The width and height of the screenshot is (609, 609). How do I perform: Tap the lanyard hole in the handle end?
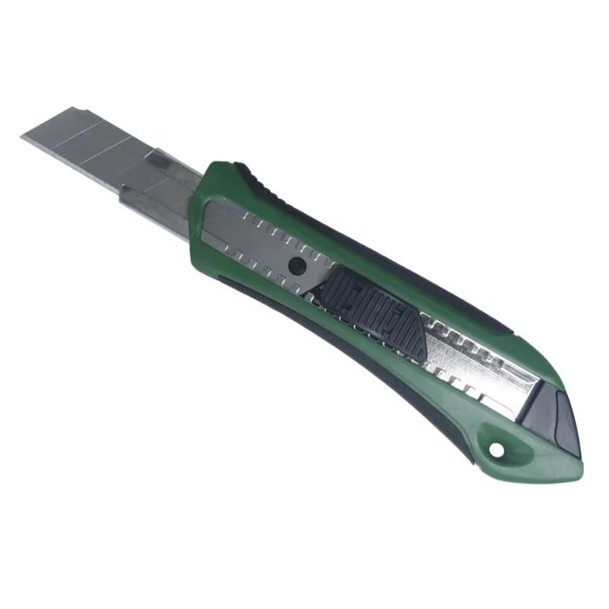click(x=498, y=450)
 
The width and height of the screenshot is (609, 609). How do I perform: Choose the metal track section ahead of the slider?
click(x=252, y=235)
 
